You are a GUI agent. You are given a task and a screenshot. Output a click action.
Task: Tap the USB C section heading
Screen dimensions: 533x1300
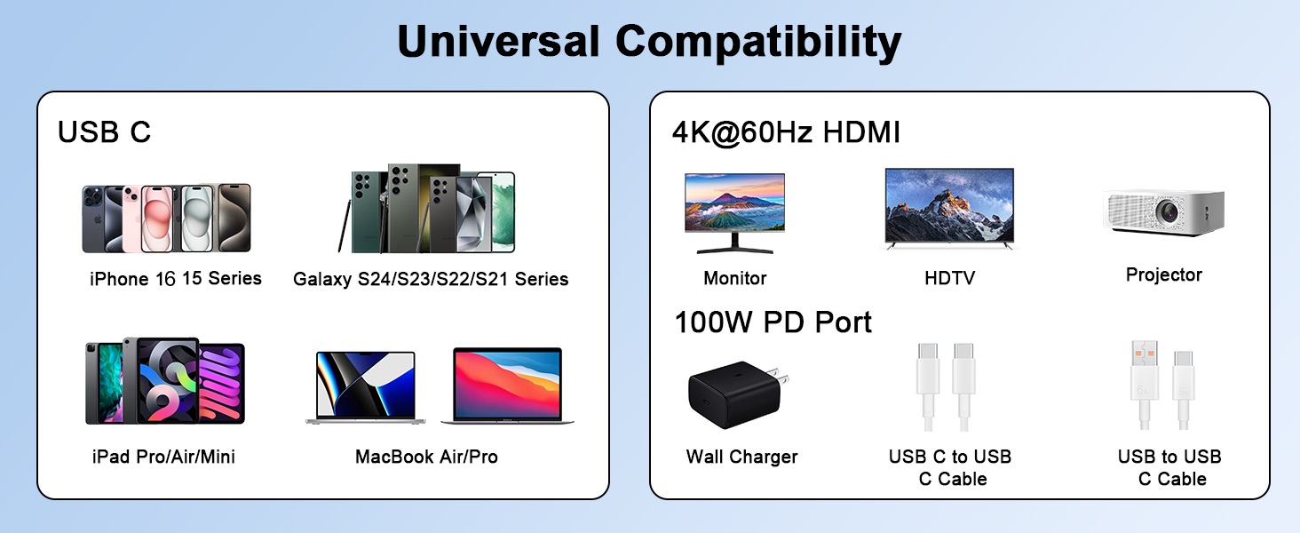coord(104,131)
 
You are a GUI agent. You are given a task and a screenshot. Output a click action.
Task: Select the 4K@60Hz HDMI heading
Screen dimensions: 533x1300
coord(786,132)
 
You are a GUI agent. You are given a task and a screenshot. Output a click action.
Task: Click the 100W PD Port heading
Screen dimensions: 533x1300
coord(773,322)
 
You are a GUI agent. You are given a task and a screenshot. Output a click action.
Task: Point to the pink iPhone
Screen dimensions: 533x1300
coord(156,219)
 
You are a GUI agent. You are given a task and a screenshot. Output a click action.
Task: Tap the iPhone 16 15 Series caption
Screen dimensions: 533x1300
coord(176,279)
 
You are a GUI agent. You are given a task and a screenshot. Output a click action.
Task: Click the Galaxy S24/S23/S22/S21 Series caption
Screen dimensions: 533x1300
coord(431,279)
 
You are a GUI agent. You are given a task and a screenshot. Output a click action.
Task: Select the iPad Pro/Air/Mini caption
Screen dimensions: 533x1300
coord(163,457)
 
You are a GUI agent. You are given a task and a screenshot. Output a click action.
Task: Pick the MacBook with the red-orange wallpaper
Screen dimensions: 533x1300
coord(507,385)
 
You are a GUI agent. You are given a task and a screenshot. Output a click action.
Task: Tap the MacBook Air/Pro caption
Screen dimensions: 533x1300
coord(426,457)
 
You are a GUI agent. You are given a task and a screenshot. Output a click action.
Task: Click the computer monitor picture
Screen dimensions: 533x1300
coord(734,206)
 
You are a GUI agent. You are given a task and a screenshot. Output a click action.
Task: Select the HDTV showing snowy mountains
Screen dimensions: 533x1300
coord(949,206)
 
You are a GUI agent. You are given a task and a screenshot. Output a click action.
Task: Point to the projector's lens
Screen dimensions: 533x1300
coord(1169,212)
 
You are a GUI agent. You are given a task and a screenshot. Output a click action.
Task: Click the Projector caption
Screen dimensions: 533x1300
coord(1163,274)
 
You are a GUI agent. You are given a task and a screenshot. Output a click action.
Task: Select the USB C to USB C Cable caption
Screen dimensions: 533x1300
coord(950,467)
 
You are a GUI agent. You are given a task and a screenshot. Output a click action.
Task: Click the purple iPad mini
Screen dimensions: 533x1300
coord(219,383)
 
